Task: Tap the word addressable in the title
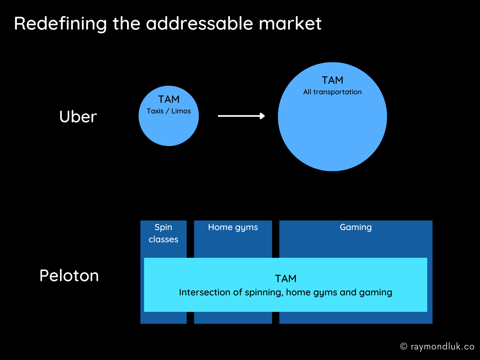pos(200,24)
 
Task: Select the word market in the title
pos(290,24)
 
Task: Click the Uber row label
pos(78,117)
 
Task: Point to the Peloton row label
pos(69,276)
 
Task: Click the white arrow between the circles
pos(241,116)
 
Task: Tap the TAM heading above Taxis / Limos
pos(169,99)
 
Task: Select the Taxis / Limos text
pos(169,111)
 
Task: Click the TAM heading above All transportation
pos(332,80)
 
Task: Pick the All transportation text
pos(332,92)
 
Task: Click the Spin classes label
pos(164,233)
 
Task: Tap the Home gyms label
pos(233,227)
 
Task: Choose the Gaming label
pos(356,227)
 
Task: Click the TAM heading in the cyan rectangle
pos(286,279)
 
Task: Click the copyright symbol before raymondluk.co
pos(404,346)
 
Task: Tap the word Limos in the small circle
pos(181,111)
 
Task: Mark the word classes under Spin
pos(164,239)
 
